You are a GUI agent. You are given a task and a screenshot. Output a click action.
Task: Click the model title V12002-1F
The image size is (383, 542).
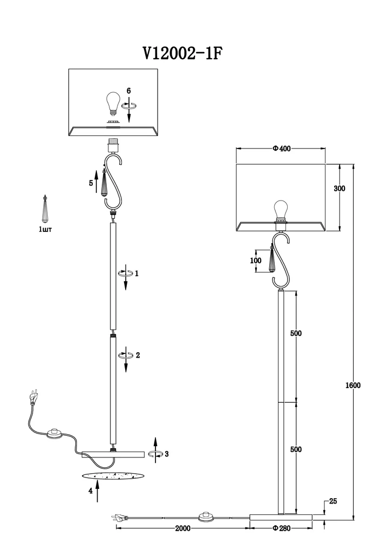pos(183,54)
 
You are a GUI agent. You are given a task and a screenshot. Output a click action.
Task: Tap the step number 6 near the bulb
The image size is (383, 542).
pos(128,91)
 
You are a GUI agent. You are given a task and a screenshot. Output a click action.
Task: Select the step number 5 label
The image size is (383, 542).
pos(91,183)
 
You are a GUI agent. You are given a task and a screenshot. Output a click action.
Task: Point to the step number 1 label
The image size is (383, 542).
pos(137,273)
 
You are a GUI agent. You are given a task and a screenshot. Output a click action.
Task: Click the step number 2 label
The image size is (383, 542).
pos(138,355)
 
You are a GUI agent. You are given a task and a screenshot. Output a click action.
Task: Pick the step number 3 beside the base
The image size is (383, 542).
pos(166,454)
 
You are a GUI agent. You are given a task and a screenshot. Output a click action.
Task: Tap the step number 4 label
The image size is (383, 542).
pos(90,491)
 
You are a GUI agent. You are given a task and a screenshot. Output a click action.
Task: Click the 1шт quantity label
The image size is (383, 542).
pos(46,229)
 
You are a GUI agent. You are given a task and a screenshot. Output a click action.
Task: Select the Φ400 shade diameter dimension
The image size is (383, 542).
pos(282,149)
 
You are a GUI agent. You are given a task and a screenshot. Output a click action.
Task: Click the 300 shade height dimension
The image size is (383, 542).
pos(339,189)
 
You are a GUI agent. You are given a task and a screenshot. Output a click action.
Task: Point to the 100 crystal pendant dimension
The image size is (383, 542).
pos(256,260)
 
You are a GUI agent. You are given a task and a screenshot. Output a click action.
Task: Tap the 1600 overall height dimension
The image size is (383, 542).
pos(353,385)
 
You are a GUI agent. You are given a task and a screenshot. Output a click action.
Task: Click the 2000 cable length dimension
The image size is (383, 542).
pos(183,528)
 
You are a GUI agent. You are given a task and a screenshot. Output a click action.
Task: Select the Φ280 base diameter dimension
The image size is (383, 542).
pos(282,528)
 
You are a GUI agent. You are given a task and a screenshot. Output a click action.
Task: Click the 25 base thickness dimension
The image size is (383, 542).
pos(333,501)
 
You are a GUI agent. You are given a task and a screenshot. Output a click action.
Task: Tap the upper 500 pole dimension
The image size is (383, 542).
pos(296,333)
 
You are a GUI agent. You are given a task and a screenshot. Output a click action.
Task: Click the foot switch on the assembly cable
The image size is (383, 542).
pos(54,433)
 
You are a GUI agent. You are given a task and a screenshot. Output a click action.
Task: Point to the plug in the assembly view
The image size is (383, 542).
pos(34,397)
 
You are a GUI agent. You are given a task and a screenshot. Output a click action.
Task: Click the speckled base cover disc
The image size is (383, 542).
pos(113,476)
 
